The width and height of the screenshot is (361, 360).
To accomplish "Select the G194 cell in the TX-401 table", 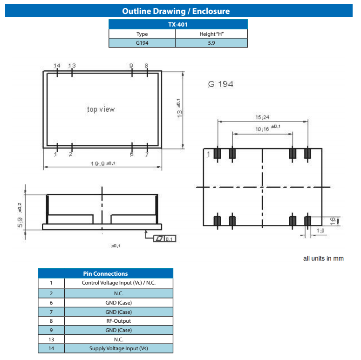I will [x=142, y=43].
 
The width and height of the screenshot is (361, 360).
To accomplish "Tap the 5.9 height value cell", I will [x=211, y=43].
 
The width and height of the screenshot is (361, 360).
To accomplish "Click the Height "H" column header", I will [x=211, y=34].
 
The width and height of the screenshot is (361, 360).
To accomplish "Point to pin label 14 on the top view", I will [x=57, y=66].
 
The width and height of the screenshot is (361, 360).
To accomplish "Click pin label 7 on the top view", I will [x=147, y=155].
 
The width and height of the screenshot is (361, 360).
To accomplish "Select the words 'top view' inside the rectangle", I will [x=101, y=109].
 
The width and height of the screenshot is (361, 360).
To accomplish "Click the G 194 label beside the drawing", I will [x=220, y=84].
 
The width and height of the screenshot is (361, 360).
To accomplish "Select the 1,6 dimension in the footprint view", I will [x=345, y=220].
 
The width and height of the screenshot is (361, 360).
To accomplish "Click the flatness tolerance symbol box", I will [x=164, y=238].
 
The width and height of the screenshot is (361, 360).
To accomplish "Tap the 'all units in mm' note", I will [x=323, y=258].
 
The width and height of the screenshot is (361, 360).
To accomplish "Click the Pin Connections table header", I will [x=105, y=273].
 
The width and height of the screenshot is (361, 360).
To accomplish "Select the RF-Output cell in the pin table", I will [x=118, y=321].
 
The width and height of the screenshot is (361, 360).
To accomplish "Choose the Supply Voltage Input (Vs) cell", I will [x=118, y=348].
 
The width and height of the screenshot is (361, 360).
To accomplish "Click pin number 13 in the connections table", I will [x=51, y=339].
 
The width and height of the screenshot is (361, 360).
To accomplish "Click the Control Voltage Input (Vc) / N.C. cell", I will [x=118, y=283].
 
